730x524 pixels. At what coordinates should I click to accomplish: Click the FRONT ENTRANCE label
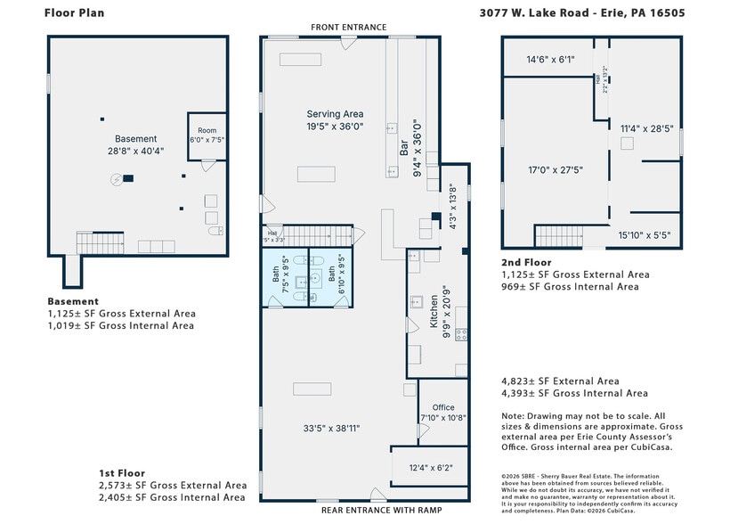tap(348, 28)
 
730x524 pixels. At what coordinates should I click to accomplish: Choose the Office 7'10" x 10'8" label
tap(442, 413)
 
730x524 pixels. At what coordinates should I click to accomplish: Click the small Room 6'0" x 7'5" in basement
tap(207, 135)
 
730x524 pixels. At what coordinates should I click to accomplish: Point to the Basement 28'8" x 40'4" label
tap(135, 145)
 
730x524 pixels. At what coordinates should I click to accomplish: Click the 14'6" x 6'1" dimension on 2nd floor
tap(550, 60)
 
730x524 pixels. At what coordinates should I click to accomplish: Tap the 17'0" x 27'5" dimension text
tap(555, 169)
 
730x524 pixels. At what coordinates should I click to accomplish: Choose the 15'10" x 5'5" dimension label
tap(645, 235)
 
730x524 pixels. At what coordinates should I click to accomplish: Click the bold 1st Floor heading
tap(121, 473)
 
